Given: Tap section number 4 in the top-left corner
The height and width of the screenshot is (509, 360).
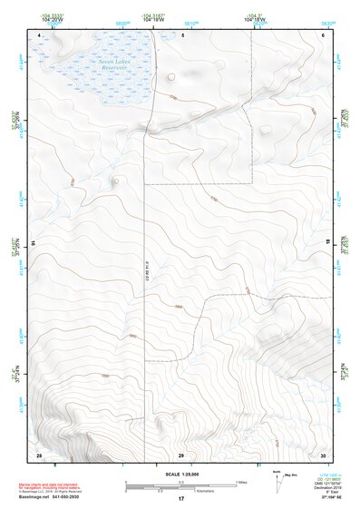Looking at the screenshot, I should (x=41, y=34).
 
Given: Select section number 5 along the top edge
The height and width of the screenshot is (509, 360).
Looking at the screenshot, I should (x=182, y=34).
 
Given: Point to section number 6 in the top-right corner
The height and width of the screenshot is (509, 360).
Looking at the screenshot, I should (x=323, y=34).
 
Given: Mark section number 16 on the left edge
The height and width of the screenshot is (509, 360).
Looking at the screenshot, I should (x=34, y=243).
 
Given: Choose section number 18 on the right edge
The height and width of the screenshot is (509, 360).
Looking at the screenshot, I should (x=327, y=243).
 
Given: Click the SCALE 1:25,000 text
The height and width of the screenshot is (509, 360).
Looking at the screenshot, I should (x=180, y=475).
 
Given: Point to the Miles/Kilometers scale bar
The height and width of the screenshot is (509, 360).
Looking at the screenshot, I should (x=180, y=485).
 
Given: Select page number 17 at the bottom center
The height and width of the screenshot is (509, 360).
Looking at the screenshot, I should (x=180, y=499).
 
